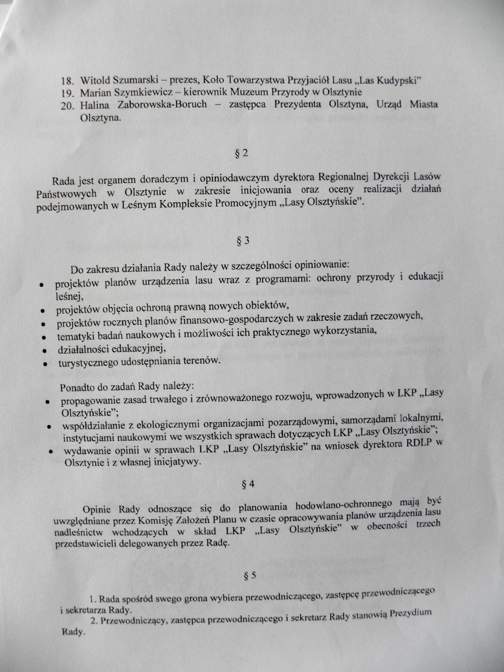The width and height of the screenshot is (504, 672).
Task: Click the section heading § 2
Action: click(x=241, y=154)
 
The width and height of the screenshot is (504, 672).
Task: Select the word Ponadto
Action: click(x=77, y=385)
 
